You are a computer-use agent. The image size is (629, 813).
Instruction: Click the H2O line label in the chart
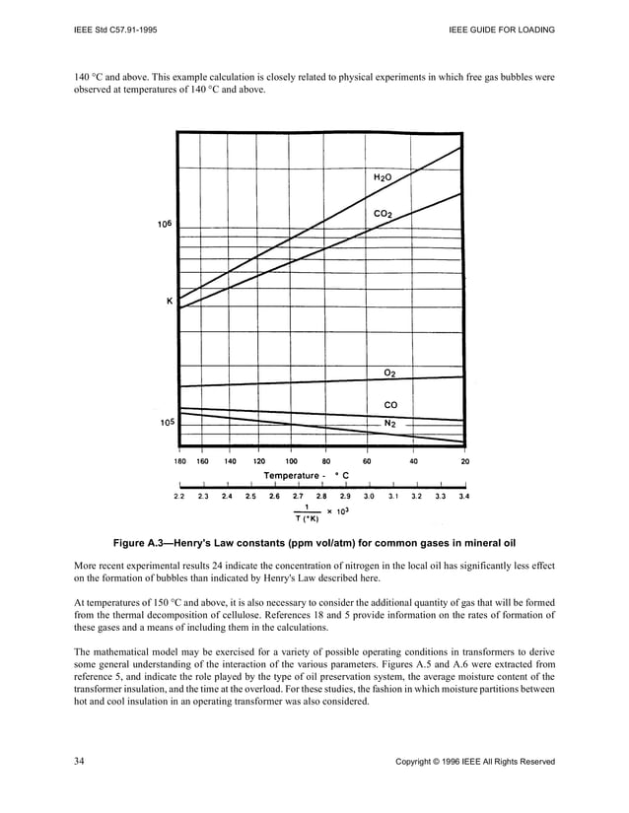[x=383, y=177]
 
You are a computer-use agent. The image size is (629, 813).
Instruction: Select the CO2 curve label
[x=384, y=214]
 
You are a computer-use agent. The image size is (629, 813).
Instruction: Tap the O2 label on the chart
[x=389, y=373]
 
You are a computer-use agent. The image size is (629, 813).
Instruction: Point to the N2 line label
[x=389, y=423]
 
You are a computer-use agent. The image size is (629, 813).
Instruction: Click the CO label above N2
[x=389, y=404]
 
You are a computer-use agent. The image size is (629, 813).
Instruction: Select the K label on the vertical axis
[x=169, y=302]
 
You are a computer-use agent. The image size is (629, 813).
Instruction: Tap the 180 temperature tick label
[x=180, y=460]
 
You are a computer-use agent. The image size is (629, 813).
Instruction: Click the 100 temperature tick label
[x=293, y=460]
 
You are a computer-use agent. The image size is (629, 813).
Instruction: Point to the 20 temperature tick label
[x=464, y=460]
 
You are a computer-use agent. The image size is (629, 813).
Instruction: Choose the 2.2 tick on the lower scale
[x=179, y=497]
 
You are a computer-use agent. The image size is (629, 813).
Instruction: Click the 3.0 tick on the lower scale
[x=368, y=497]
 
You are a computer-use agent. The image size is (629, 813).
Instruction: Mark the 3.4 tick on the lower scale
[x=464, y=497]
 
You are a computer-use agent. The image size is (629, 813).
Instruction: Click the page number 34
[x=81, y=761]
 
